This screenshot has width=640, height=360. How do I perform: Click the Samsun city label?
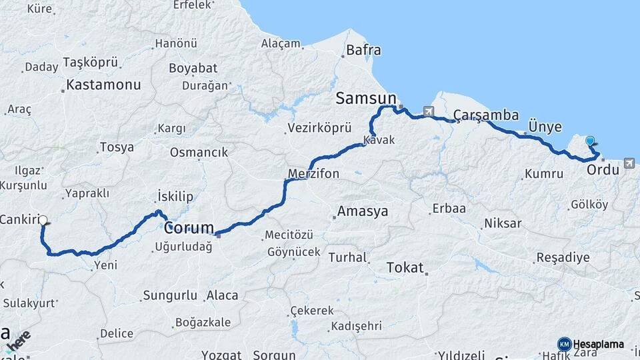pos(366,99)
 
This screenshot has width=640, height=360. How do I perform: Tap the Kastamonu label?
pos(103,85)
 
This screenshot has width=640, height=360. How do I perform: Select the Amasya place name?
pos(363,212)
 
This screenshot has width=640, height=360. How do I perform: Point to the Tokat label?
pos(405,268)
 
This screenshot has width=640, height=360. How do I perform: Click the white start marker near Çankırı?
pos(43,219)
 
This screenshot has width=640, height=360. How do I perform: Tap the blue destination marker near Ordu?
pos(590,141)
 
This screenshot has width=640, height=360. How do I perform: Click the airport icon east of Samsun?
pos(427,111)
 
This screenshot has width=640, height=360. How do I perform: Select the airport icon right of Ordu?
pos(629,163)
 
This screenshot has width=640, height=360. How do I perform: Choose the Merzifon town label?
pos(313,174)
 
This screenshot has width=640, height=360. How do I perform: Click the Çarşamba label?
pos(485,115)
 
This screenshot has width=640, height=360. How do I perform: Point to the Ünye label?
pos(545,127)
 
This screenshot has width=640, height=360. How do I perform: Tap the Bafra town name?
pos(363,50)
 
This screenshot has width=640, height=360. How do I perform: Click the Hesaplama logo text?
pos(598,344)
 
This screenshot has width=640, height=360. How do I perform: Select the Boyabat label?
pos(193,68)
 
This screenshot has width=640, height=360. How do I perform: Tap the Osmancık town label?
pos(199,152)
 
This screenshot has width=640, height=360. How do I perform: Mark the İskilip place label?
pos(175,196)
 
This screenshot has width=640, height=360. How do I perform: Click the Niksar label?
pos(503,223)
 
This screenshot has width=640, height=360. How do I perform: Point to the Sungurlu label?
pos(171,295)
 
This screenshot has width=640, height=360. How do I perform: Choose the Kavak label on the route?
pos(379,141)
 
